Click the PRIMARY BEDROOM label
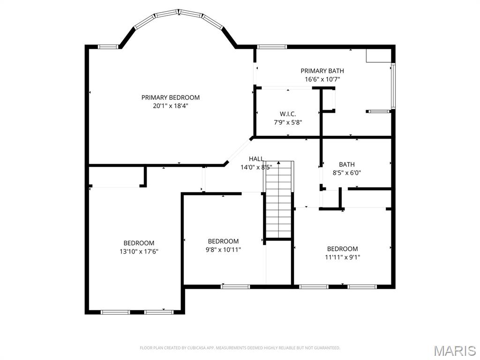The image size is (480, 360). pyautogui.click(x=171, y=97)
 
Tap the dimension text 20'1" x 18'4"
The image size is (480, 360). pyautogui.click(x=171, y=106)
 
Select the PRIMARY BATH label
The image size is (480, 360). pyautogui.click(x=322, y=71)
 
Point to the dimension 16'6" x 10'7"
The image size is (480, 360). pyautogui.click(x=322, y=79)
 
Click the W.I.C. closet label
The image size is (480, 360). pyautogui.click(x=288, y=114)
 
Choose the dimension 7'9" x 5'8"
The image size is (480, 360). pyautogui.click(x=288, y=122)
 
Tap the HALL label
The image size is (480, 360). pyautogui.click(x=256, y=159)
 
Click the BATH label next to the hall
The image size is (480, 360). pyautogui.click(x=347, y=165)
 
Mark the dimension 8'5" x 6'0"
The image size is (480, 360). pyautogui.click(x=347, y=172)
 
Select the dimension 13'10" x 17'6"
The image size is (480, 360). pyautogui.click(x=139, y=251)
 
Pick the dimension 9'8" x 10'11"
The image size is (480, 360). pyautogui.click(x=223, y=250)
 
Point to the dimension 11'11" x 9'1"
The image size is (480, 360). pyautogui.click(x=342, y=257)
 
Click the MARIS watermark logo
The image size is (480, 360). pyautogui.click(x=454, y=351)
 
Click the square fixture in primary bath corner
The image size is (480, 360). pyautogui.click(x=378, y=55)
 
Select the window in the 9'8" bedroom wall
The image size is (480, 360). pyautogui.click(x=229, y=286)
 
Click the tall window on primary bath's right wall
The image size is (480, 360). pyautogui.click(x=393, y=86)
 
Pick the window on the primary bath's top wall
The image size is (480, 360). pyautogui.click(x=272, y=46)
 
